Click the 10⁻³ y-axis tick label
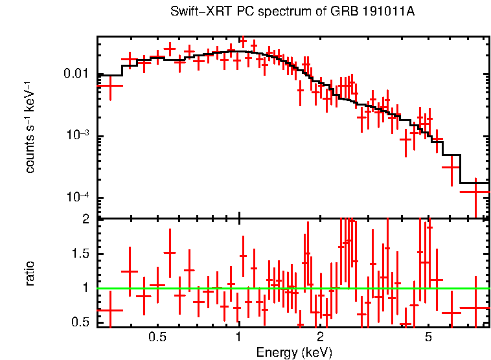[x=79, y=135]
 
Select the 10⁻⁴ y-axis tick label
[x=79, y=197]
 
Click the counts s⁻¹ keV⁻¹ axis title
[x=30, y=127]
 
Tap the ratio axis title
[x=30, y=273]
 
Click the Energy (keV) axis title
[x=293, y=353]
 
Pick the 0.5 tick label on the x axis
[x=157, y=338]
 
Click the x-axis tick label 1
[x=239, y=338]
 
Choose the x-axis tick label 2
[x=320, y=338]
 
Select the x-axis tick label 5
[x=428, y=338]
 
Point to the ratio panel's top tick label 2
[x=86, y=219]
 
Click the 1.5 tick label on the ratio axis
[x=82, y=253]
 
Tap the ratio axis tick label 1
[x=86, y=287]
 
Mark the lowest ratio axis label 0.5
[x=82, y=322]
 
